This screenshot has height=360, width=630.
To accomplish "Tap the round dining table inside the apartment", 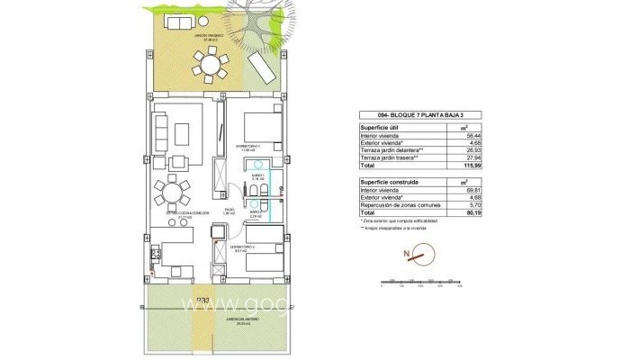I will point(170,193).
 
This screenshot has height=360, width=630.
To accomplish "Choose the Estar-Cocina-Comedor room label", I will point(183,215).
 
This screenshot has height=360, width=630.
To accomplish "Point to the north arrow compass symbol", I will point(417,256).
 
